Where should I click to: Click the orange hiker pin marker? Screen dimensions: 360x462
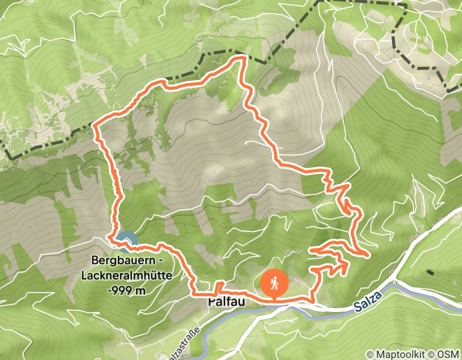[x=275, y=283]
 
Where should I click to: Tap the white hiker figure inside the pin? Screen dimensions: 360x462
[x=275, y=282]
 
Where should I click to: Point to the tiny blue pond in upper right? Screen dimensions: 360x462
[x=428, y=78]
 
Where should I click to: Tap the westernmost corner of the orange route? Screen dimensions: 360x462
[x=93, y=124]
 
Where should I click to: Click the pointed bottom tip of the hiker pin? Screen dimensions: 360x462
[x=275, y=298]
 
